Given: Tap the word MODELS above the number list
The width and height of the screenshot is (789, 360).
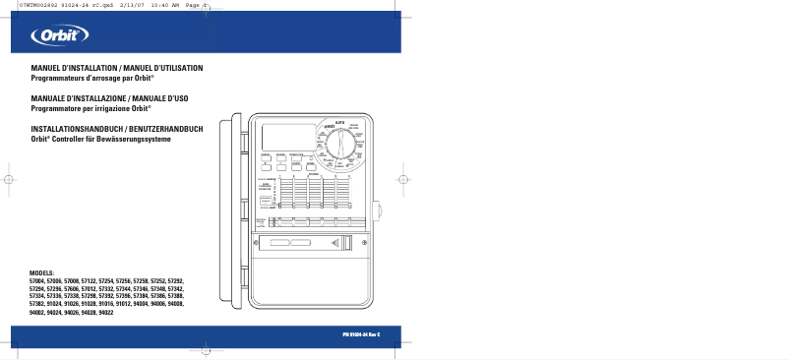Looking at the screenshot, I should [42, 270].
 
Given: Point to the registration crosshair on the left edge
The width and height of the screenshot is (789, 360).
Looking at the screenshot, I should [9, 181].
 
